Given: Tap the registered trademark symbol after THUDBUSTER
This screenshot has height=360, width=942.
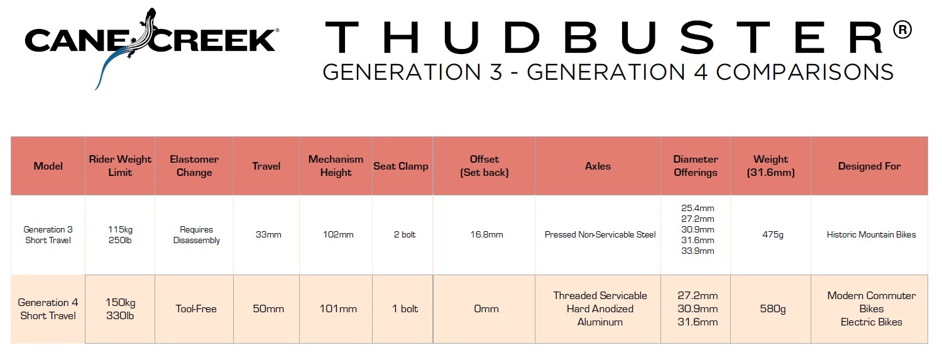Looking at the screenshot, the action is click(x=902, y=30).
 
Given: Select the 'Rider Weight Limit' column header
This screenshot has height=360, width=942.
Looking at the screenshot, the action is click(x=120, y=166).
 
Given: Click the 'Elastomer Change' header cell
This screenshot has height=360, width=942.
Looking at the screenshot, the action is click(x=194, y=166).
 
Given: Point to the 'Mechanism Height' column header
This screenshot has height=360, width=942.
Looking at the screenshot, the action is click(x=336, y=166).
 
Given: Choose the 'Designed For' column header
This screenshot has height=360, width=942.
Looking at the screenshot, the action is click(x=869, y=166).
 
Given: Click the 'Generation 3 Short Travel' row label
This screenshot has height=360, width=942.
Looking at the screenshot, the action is click(x=48, y=235).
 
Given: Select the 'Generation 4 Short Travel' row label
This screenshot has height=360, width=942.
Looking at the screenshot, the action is click(x=48, y=309).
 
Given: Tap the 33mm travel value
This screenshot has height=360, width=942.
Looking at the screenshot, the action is click(x=268, y=235).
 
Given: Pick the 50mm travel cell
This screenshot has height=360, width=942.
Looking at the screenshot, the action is click(x=268, y=309).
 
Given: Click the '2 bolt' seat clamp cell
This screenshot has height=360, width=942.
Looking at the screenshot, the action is click(x=405, y=235).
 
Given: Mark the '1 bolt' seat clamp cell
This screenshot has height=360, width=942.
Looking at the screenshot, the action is click(x=405, y=309).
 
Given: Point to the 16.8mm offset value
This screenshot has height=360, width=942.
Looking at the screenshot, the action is click(x=486, y=235).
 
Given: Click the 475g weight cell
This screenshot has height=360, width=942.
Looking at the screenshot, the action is click(x=773, y=235).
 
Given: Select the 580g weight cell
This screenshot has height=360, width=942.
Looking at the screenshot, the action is click(x=773, y=309).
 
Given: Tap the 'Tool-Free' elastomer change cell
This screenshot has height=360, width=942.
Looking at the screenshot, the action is click(x=196, y=309).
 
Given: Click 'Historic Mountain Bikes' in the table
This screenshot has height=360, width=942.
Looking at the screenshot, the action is click(x=872, y=235).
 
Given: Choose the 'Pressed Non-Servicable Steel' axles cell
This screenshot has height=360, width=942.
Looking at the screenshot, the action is click(x=600, y=235).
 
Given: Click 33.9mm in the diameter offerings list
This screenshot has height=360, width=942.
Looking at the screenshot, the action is click(x=698, y=251).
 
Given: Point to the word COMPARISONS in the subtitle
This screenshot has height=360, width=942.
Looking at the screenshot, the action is click(x=805, y=72).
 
